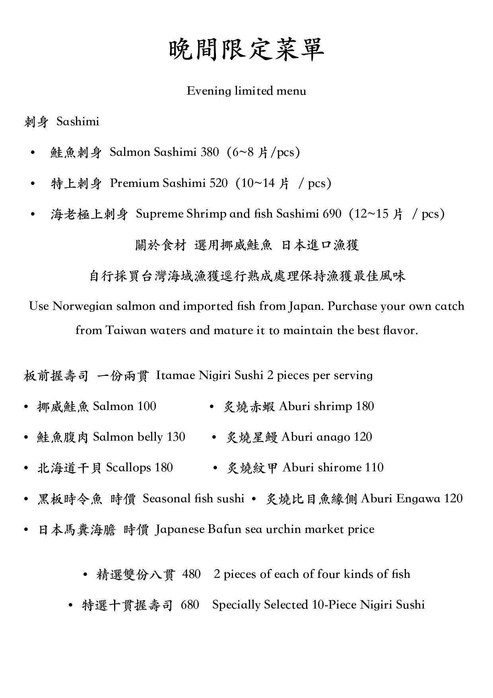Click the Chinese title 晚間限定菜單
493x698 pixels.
point(246,50)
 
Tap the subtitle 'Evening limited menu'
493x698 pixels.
point(246,91)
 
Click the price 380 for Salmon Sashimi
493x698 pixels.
point(210,152)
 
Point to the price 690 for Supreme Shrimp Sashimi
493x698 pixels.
point(332,214)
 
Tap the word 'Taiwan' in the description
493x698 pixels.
point(126,331)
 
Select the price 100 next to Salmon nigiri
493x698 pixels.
point(147,406)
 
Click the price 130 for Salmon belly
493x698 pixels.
point(176,437)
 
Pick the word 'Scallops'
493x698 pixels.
point(128,468)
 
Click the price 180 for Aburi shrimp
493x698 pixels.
point(365,406)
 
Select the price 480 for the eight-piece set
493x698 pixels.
point(192,574)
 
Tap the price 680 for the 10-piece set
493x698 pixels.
point(190,605)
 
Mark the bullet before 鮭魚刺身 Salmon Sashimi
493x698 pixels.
point(33,153)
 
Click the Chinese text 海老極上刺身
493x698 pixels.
point(89,214)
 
